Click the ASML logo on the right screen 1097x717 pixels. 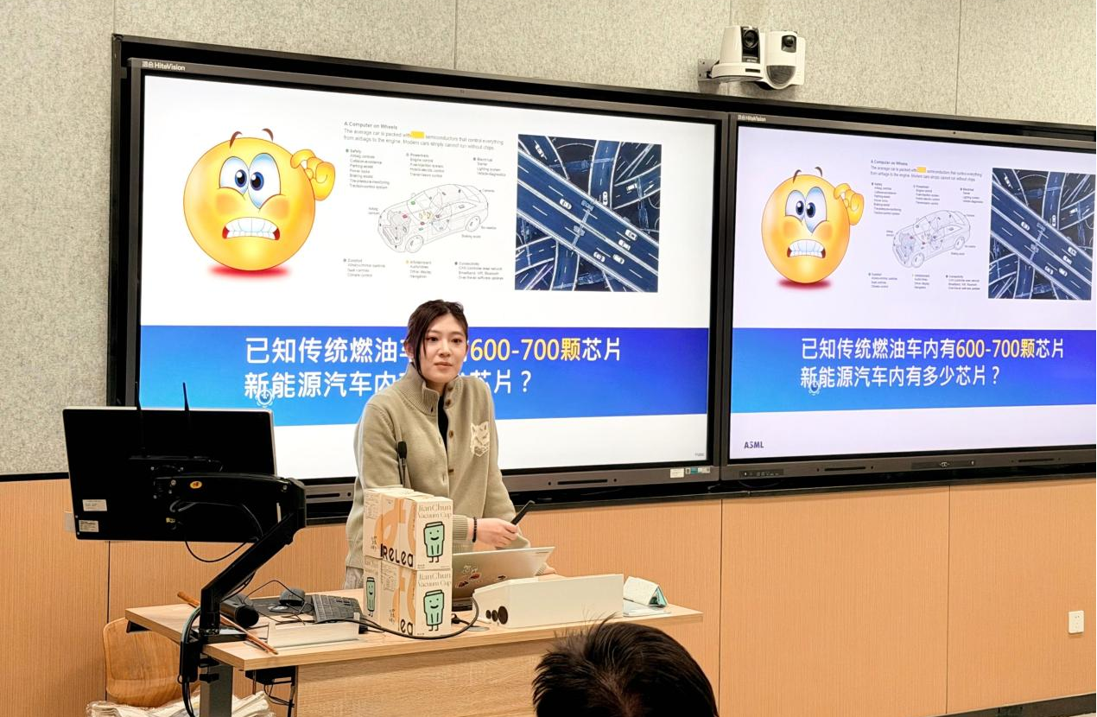pyautogui.click(x=753, y=445)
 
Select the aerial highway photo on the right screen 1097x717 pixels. pyautogui.click(x=1041, y=234)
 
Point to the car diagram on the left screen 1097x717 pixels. pyautogui.click(x=433, y=216)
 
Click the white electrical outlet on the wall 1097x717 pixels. pyautogui.click(x=1075, y=622)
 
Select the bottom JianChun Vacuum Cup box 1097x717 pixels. pyautogui.click(x=409, y=600)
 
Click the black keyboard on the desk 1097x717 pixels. pyautogui.click(x=335, y=607)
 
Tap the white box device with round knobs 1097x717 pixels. pyautogui.click(x=548, y=600)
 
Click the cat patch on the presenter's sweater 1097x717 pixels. pyautogui.click(x=479, y=438)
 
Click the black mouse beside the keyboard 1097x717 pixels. pyautogui.click(x=292, y=596)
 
